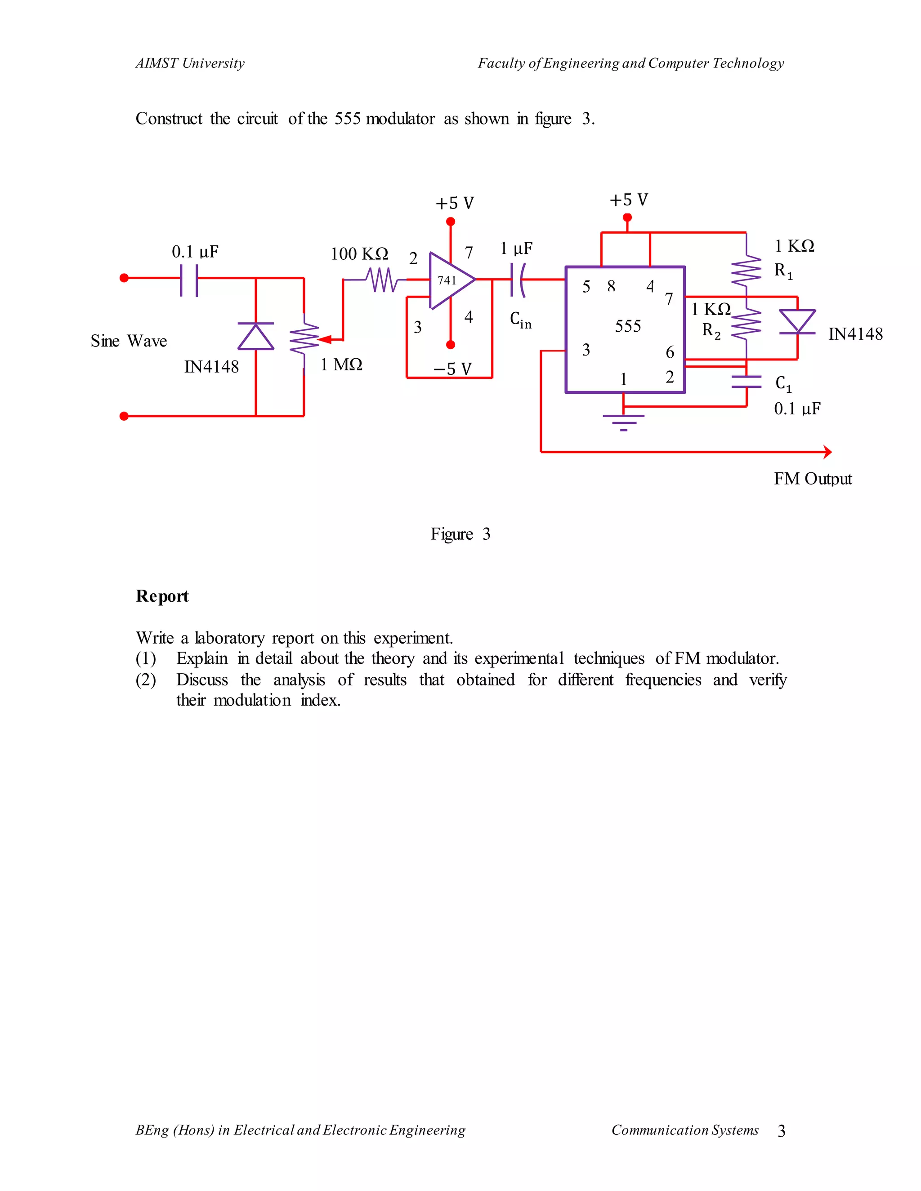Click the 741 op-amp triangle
(451, 280)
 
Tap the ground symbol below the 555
(624, 422)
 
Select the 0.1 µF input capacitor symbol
(189, 280)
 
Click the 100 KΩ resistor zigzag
(383, 280)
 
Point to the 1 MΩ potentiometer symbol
(304, 339)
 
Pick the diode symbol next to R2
(797, 321)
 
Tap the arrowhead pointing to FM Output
(827, 452)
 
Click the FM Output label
(813, 479)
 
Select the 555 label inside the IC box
(627, 326)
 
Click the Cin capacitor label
(520, 320)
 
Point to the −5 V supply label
(452, 369)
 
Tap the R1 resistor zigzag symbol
(746, 271)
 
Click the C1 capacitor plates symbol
(746, 382)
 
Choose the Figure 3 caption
(460, 534)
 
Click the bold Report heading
(162, 596)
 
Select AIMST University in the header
(190, 63)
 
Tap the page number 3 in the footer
(781, 1131)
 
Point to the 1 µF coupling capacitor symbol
(517, 280)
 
